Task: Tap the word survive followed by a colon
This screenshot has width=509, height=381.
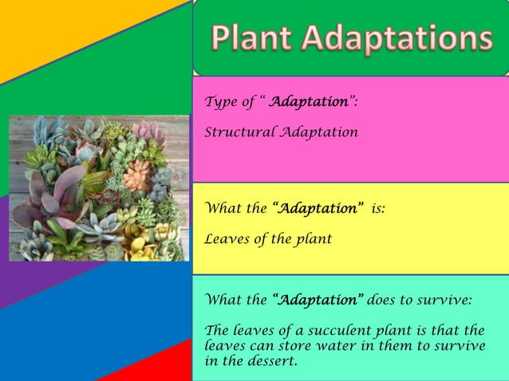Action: (x=444, y=300)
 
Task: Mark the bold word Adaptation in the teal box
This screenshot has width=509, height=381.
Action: (x=319, y=300)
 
